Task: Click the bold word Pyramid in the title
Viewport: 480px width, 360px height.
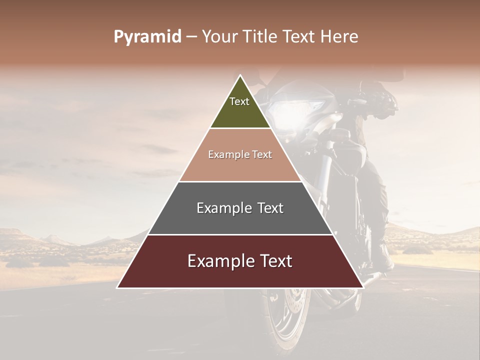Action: [x=147, y=37]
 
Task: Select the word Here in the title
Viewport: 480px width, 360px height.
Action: [x=339, y=37]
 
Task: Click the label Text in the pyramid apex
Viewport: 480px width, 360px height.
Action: [x=239, y=101]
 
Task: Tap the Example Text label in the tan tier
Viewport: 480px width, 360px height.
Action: [x=240, y=155]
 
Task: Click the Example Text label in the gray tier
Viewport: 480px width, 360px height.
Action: [x=240, y=208]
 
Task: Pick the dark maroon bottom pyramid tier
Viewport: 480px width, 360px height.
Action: [x=240, y=275]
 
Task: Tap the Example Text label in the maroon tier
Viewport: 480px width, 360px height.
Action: [x=240, y=261]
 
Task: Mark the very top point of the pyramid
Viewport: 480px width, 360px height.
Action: [x=240, y=75]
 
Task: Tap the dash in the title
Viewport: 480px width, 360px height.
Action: [x=191, y=37]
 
